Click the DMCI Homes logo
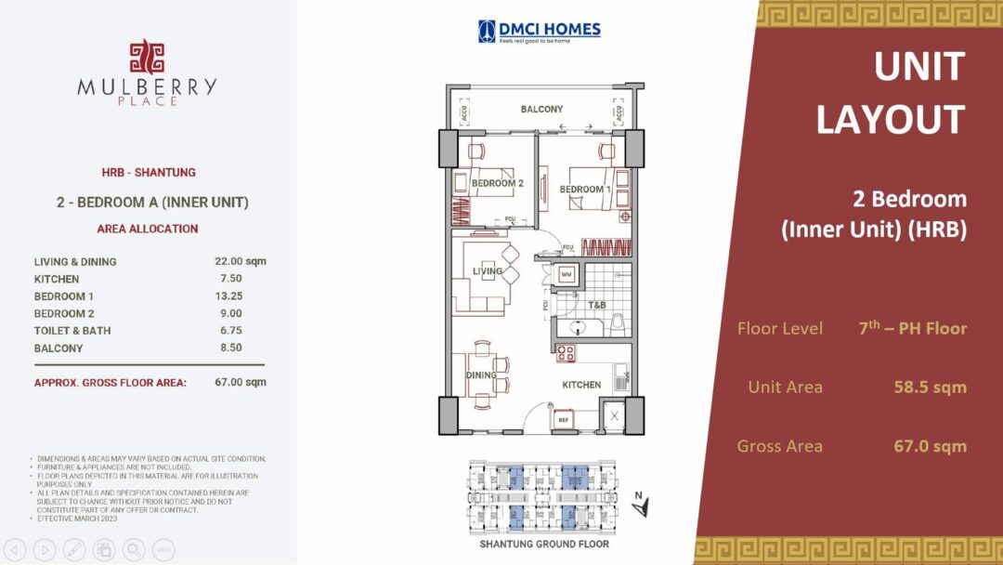[x=540, y=32]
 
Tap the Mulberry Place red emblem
[x=147, y=57]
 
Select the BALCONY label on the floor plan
[x=541, y=110]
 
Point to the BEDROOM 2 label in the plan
[x=498, y=184]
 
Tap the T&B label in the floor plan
[x=596, y=305]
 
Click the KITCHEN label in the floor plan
[x=581, y=385]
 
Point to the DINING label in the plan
[x=483, y=375]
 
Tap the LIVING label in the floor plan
[x=487, y=271]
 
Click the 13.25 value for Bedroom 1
[x=230, y=296]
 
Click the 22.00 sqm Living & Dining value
[x=241, y=261]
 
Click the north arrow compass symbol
[x=640, y=505]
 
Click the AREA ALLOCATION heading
[x=148, y=229]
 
